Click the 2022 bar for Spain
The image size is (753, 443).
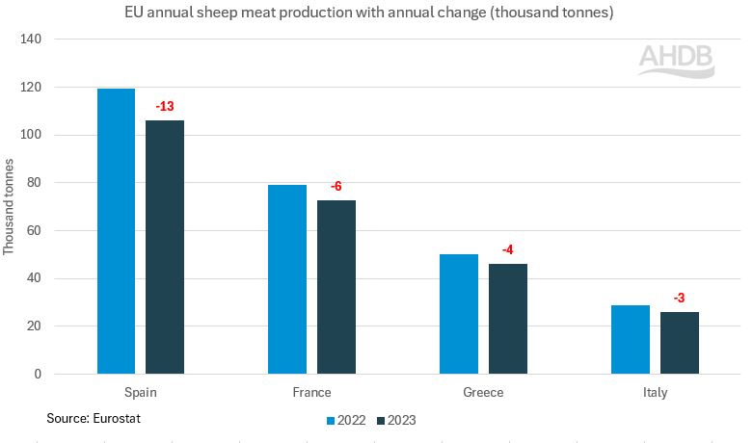[x=116, y=231]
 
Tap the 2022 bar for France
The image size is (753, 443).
[x=287, y=279]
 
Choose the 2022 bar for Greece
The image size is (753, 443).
[x=459, y=314]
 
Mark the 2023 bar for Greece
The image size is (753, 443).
[x=508, y=319]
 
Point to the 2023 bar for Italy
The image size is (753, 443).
[x=680, y=343]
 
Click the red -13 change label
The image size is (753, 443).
[x=165, y=106]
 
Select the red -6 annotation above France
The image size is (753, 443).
[x=336, y=187]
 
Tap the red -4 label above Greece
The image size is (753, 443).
[x=508, y=250]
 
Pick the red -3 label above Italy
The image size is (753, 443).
[x=680, y=298]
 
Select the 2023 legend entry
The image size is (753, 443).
[x=397, y=420]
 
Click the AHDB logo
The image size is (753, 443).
[x=676, y=60]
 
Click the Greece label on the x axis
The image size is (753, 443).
[x=483, y=393]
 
